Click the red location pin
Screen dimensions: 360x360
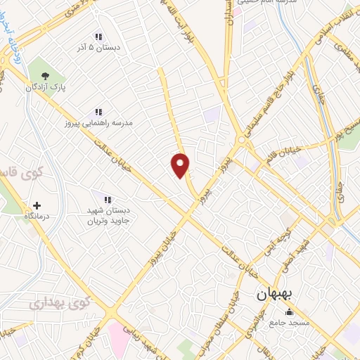pos(181,165)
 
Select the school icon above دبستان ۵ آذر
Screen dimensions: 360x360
pos(98,36)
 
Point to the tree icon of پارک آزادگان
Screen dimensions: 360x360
pos(46,75)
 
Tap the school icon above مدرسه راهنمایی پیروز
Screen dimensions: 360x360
pos(98,111)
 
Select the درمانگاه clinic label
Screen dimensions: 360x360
pos(37,217)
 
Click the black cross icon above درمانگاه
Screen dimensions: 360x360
pos(37,206)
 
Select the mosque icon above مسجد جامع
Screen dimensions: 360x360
pos(288,311)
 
